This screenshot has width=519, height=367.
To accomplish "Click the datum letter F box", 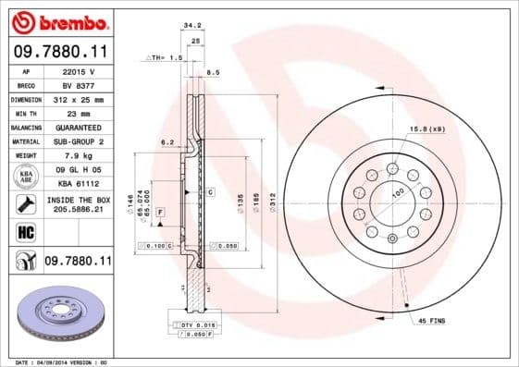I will [160, 213].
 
